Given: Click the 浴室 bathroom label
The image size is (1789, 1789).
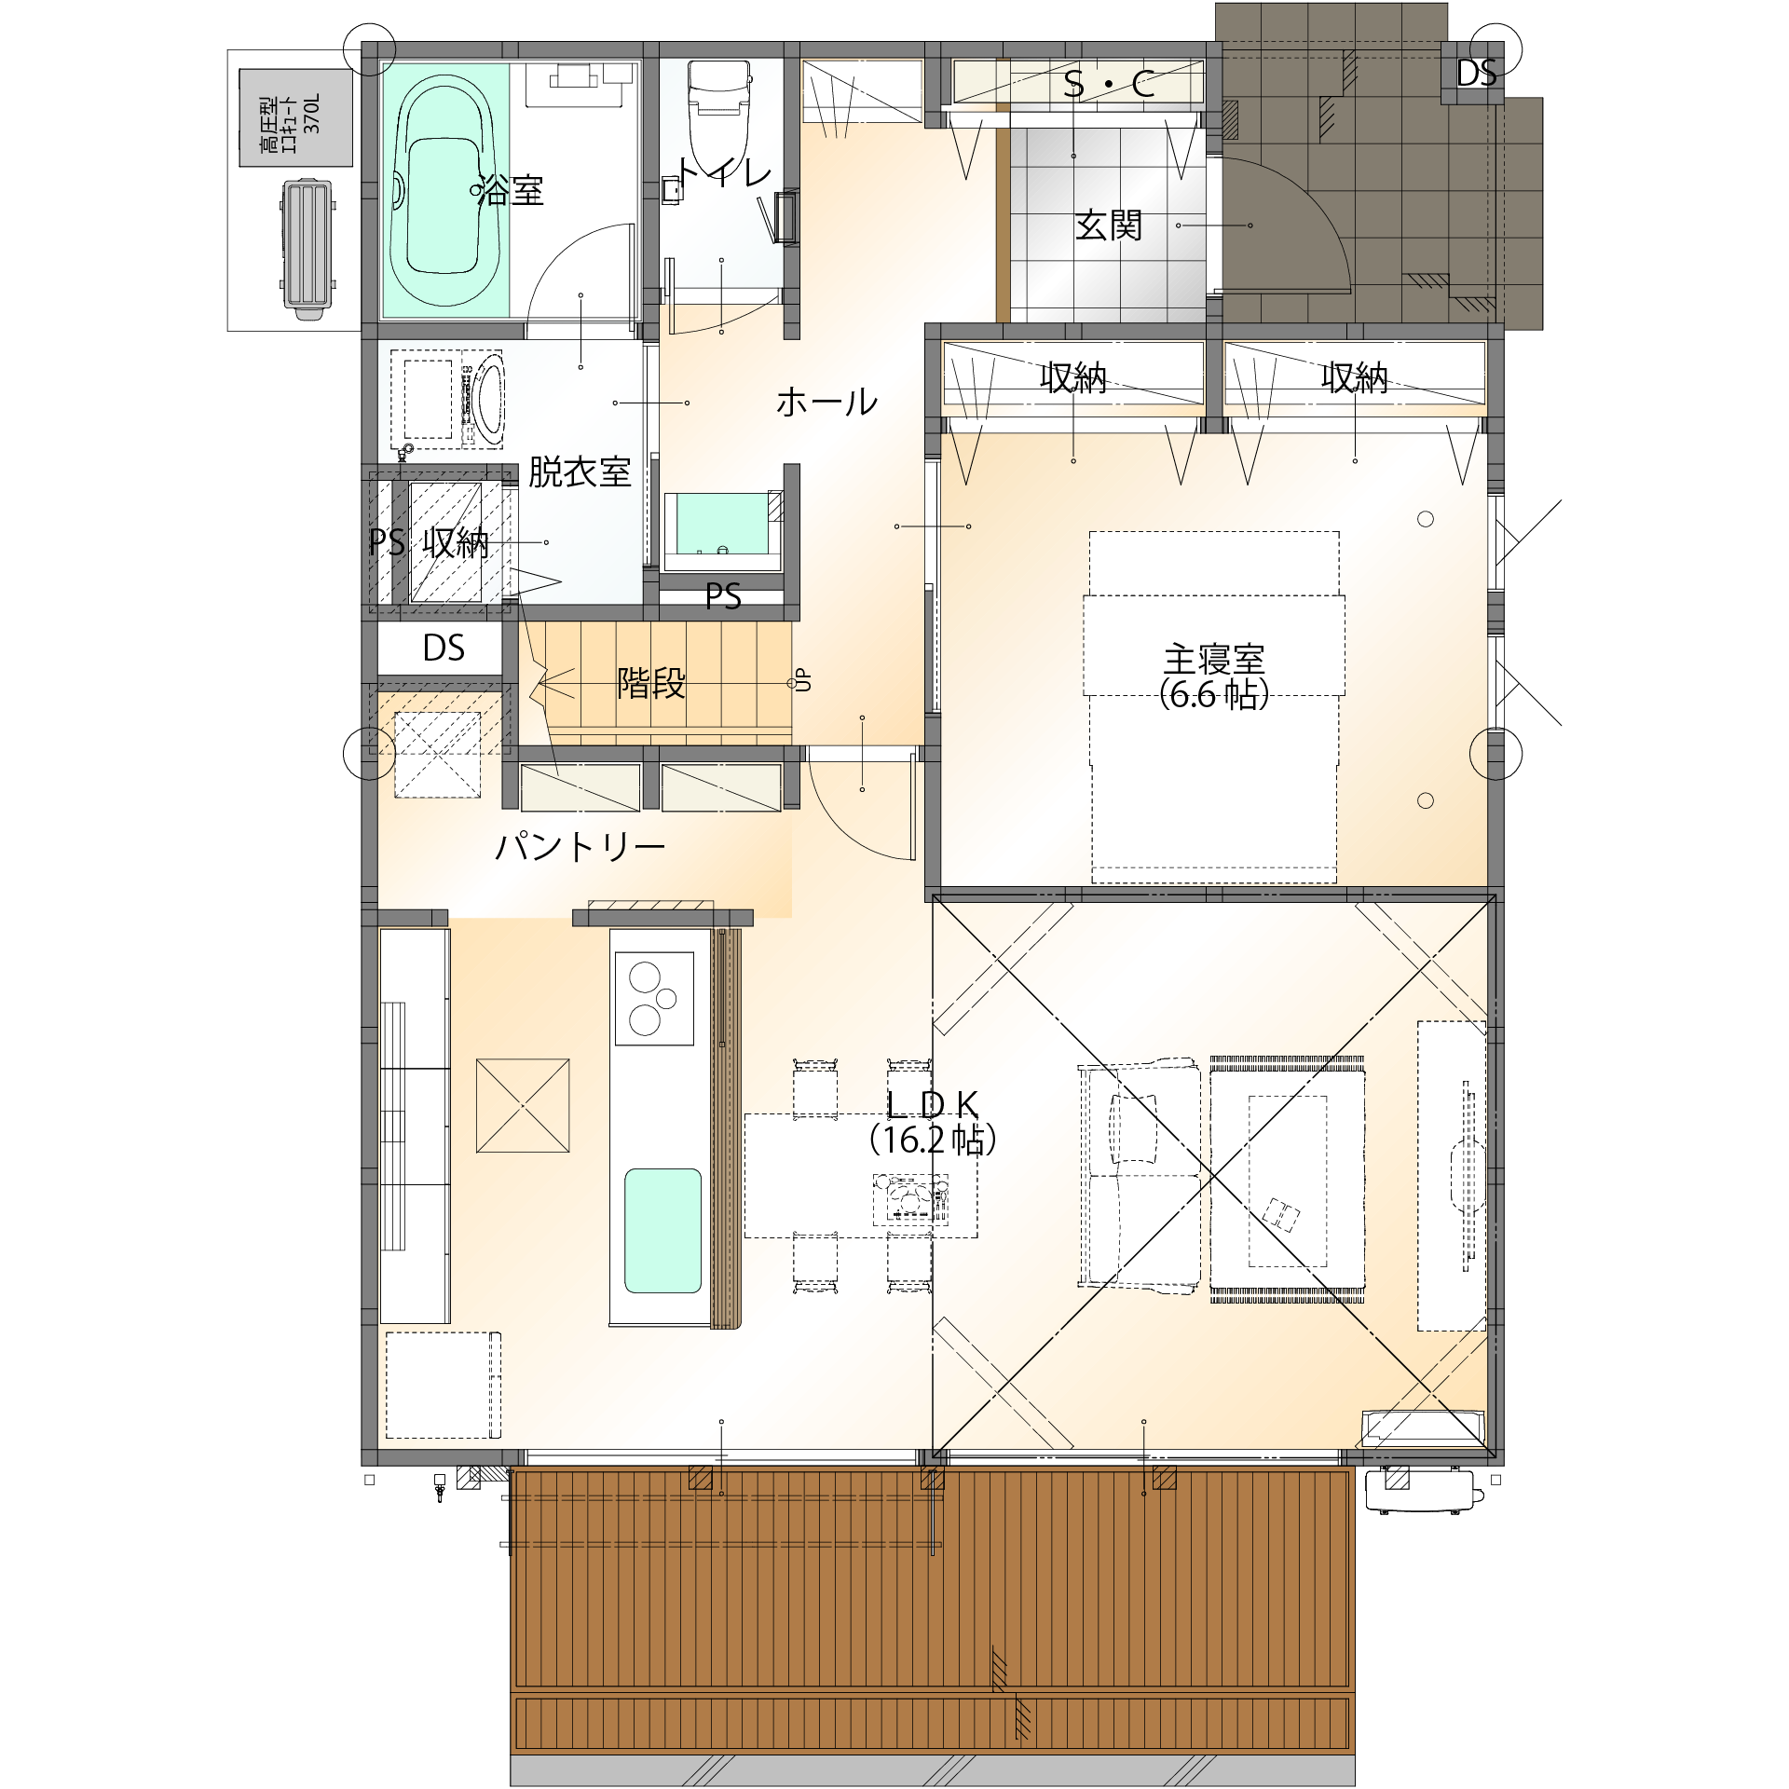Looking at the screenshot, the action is point(511,191).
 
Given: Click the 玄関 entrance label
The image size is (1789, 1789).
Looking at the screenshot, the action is point(1109,225).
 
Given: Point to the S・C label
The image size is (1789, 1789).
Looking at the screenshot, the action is point(1109,84).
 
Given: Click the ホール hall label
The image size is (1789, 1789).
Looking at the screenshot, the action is point(826,403).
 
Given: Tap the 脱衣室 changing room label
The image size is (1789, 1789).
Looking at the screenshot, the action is point(580,472).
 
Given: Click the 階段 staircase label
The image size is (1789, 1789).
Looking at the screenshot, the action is point(651,683).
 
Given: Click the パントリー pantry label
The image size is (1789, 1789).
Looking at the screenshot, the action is point(580,847).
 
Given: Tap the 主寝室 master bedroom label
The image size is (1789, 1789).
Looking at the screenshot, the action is point(1214,660).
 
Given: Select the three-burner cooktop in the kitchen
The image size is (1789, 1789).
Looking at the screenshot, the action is point(654,998).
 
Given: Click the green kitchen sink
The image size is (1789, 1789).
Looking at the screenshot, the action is point(662,1231).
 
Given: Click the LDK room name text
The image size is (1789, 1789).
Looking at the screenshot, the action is point(933,1105).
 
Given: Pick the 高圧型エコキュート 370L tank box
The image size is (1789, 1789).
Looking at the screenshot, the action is point(295,117).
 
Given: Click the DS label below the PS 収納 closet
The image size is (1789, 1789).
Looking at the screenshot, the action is point(444,649).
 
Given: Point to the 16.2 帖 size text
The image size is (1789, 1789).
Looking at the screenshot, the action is point(933,1140).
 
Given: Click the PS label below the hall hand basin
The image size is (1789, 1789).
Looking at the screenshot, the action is point(723,596).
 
